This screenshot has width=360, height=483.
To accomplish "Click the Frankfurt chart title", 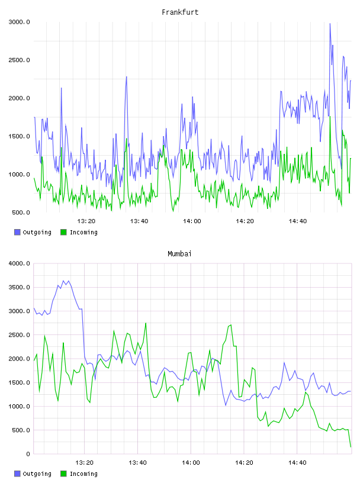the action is point(180,12).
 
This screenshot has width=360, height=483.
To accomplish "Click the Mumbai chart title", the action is point(179,254).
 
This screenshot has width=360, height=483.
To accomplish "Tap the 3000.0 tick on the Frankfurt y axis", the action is point(19,22).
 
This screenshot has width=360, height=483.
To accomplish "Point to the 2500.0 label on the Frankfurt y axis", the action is point(19,60).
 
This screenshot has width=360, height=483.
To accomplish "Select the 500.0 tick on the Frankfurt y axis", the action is point(21,212).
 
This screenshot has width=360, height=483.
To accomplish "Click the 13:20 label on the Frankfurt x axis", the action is point(86,221).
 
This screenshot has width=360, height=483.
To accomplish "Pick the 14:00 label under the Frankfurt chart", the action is point(192,221).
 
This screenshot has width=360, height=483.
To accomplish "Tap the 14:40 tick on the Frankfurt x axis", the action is point(297,221).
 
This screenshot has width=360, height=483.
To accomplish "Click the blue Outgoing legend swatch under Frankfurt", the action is point(17,232).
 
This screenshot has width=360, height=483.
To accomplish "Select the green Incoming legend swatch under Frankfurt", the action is point(63,232).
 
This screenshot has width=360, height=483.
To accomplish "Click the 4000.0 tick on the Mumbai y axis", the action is point(19,263).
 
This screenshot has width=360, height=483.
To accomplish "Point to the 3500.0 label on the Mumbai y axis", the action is point(19,288).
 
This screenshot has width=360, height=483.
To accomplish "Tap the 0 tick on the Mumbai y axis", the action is point(28,454).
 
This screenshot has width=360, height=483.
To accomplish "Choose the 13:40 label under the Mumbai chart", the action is point(137,463).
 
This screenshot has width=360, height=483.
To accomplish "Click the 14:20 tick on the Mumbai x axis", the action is point(244,463).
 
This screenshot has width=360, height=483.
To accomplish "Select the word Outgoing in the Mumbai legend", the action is point(37,474).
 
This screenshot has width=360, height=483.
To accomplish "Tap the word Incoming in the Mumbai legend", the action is point(83,474).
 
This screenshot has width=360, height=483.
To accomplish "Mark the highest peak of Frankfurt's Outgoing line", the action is point(330,24).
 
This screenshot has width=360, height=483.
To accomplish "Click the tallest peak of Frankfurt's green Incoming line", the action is point(330,116).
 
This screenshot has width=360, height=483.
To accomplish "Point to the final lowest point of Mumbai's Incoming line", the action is point(351,447).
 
